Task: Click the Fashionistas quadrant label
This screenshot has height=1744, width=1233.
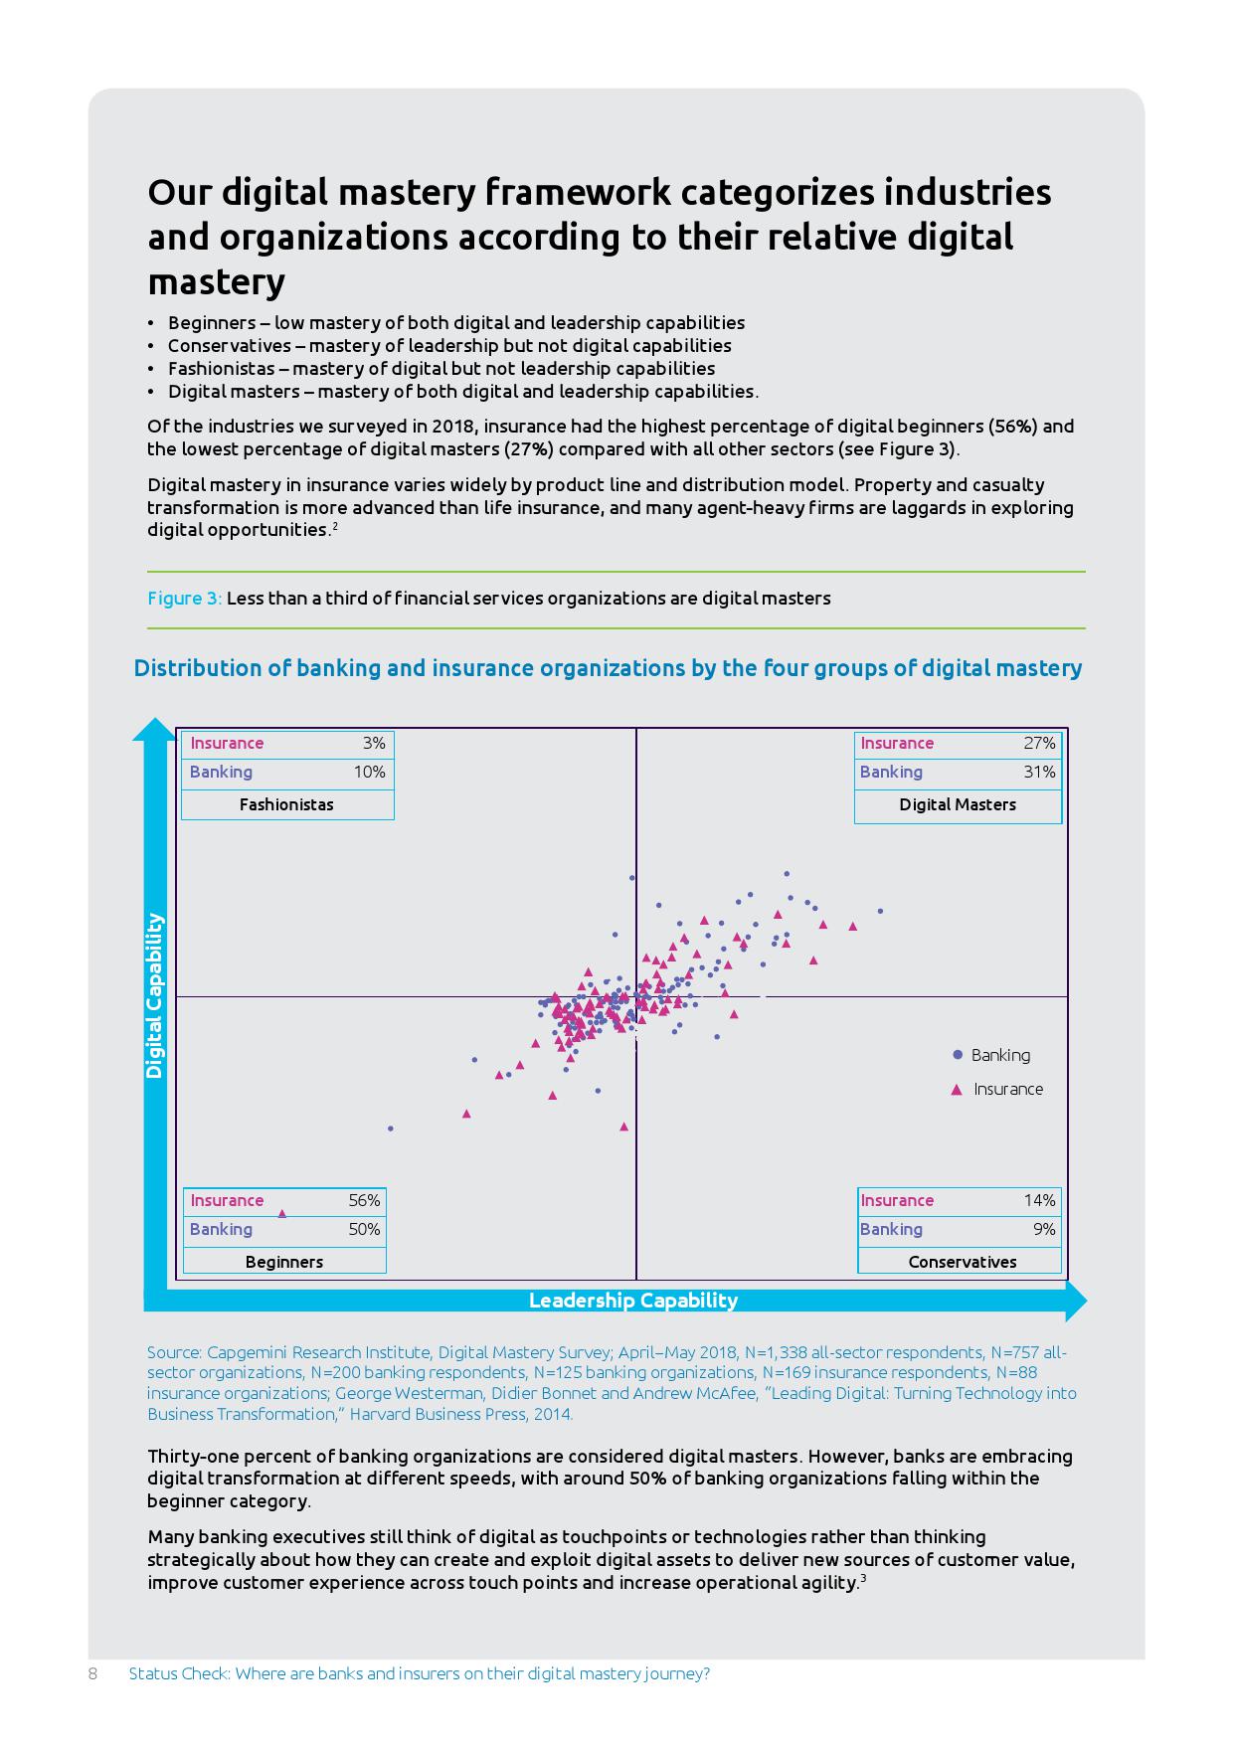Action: tap(286, 804)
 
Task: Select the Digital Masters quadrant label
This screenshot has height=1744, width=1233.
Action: tap(958, 804)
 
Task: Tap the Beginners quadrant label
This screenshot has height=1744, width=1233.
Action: tap(284, 1262)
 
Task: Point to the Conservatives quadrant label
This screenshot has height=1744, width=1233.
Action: tap(963, 1262)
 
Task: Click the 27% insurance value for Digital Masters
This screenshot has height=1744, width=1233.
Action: tap(1039, 743)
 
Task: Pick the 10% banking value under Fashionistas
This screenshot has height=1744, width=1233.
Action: tap(369, 772)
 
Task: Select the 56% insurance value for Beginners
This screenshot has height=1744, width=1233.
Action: tap(364, 1200)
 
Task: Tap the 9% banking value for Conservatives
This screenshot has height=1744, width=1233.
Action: tap(1044, 1229)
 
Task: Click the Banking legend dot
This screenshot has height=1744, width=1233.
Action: tap(958, 1054)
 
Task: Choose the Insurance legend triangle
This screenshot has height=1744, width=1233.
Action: tap(957, 1090)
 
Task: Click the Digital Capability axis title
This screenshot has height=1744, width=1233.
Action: tap(154, 996)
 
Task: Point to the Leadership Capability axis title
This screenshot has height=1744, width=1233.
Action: tap(633, 1301)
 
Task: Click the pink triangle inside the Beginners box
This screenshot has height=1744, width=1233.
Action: tap(281, 1214)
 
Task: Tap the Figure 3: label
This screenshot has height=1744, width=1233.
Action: tap(185, 599)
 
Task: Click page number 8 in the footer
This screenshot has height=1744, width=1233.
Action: tap(92, 1673)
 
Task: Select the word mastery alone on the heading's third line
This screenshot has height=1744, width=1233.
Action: tap(217, 282)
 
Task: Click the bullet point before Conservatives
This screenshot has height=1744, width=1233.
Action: tap(151, 346)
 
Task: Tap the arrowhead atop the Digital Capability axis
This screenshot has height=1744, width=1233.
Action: tap(154, 729)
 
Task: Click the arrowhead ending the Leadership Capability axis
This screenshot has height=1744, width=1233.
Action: tap(1076, 1301)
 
